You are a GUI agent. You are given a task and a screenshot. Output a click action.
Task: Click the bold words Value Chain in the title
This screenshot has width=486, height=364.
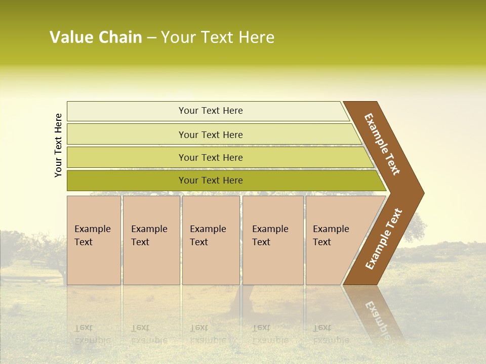click(x=96, y=37)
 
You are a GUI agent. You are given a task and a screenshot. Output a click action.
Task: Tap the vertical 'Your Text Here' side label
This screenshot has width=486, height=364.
click(x=58, y=145)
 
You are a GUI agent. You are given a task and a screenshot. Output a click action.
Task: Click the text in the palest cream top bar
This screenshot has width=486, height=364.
click(x=211, y=111)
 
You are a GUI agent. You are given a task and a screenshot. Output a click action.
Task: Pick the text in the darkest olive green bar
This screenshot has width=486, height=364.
click(x=211, y=180)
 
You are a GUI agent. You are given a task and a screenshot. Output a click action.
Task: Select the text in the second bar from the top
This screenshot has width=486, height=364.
click(x=211, y=135)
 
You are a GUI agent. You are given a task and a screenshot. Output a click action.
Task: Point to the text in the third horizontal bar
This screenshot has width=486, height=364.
click(x=211, y=158)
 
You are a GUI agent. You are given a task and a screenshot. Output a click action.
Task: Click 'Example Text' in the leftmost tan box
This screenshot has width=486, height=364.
click(x=92, y=236)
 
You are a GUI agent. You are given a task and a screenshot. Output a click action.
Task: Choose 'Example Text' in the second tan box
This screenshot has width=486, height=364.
click(x=149, y=236)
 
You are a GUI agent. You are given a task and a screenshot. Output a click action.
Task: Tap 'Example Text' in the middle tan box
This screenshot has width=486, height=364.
click(x=208, y=236)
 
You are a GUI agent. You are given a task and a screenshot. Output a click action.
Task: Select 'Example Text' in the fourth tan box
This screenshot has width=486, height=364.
click(x=270, y=236)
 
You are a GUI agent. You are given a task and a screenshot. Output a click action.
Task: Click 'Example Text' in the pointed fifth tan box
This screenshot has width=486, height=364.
click(x=331, y=236)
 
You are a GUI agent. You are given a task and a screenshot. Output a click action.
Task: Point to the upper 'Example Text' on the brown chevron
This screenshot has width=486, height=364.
click(x=382, y=144)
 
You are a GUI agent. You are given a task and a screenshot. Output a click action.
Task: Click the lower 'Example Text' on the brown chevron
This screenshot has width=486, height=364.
click(x=384, y=239)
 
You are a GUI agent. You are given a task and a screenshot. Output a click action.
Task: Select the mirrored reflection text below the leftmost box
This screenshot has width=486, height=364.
click(x=92, y=334)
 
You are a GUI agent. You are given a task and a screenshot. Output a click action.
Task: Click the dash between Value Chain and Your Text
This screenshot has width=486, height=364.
click(x=151, y=38)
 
